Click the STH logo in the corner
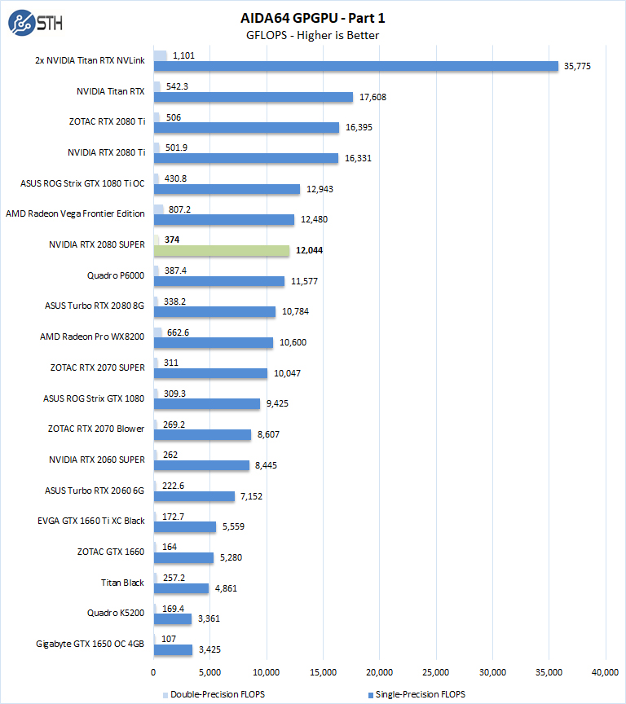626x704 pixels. (x=34, y=23)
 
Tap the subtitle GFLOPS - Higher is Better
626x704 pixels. (x=312, y=35)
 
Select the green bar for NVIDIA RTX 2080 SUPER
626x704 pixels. (x=221, y=250)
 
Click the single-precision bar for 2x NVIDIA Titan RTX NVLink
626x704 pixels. (x=355, y=66)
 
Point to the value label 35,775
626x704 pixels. (x=577, y=66)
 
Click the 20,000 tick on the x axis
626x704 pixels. (x=379, y=672)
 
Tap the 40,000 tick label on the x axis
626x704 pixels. (x=605, y=672)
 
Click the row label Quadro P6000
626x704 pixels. (x=115, y=275)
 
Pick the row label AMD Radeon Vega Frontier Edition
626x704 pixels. (x=75, y=213)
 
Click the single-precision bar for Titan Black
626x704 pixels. (x=181, y=587)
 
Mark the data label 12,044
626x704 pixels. (x=309, y=250)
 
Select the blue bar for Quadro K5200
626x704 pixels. (x=172, y=618)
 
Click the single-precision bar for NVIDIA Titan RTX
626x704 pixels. (x=253, y=97)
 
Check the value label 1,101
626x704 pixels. (x=184, y=55)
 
